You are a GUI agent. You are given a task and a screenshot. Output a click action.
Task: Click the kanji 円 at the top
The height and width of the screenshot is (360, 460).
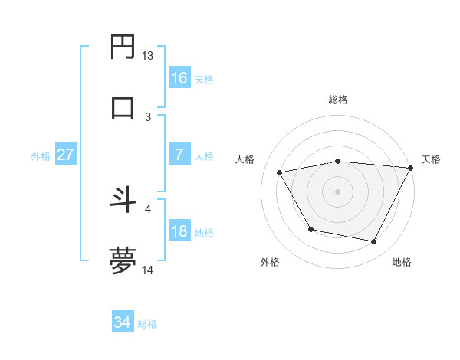pyautogui.click(x=123, y=47)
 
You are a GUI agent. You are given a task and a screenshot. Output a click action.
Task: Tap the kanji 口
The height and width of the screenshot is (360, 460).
pyautogui.click(x=123, y=106)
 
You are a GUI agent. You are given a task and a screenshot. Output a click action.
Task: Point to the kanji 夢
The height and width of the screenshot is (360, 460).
pyautogui.click(x=123, y=260)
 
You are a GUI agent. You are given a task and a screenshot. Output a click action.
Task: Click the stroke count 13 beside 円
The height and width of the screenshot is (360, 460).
pyautogui.click(x=148, y=56)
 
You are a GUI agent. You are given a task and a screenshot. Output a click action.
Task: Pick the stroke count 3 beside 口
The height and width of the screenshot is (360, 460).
pyautogui.click(x=148, y=116)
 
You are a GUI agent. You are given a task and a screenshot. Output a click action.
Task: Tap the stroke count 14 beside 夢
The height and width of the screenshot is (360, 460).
pyautogui.click(x=148, y=270)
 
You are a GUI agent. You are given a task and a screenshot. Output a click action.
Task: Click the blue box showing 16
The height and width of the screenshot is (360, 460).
pyautogui.click(x=179, y=77)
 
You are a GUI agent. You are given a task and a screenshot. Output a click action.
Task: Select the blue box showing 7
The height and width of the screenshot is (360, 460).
pyautogui.click(x=179, y=155)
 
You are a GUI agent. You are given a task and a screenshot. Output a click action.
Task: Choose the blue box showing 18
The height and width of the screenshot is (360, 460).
pyautogui.click(x=179, y=231)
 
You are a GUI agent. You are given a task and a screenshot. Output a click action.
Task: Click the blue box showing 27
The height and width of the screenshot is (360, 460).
pyautogui.click(x=66, y=155)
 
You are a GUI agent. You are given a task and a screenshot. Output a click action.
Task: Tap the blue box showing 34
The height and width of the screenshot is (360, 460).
pyautogui.click(x=123, y=322)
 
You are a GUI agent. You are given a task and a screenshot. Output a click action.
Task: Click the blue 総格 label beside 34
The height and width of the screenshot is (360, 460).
pyautogui.click(x=147, y=324)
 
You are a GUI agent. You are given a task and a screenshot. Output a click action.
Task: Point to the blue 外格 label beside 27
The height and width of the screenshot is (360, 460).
pyautogui.click(x=41, y=156)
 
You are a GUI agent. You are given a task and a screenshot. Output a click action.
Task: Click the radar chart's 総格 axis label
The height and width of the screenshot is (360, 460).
pyautogui.click(x=338, y=100)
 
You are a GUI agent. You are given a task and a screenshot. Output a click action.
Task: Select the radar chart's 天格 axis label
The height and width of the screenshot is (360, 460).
pyautogui.click(x=431, y=159)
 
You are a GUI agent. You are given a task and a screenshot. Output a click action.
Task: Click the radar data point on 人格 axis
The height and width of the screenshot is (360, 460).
pyautogui.click(x=280, y=173)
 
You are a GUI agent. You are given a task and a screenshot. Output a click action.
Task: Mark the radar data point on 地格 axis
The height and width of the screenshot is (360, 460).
pyautogui.click(x=374, y=242)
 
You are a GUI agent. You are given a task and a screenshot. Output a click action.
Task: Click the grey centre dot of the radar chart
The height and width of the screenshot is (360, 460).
pyautogui.click(x=338, y=191)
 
